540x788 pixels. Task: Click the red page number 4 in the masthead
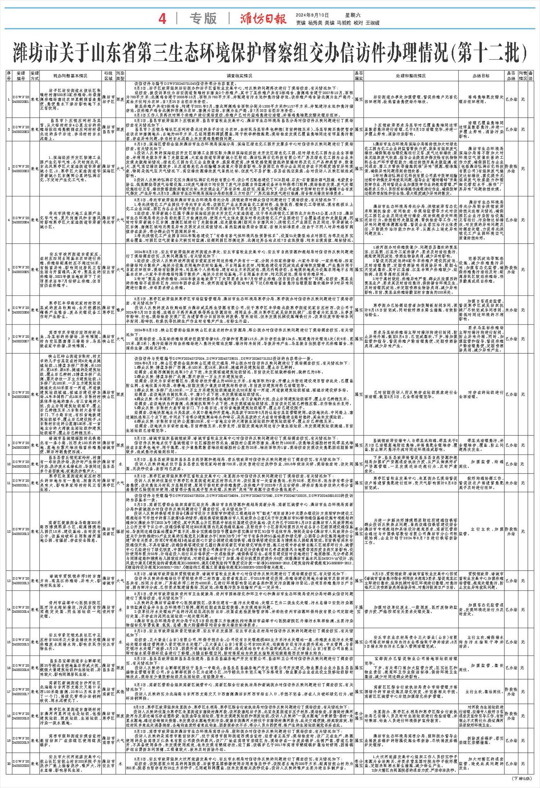(x=162, y=19)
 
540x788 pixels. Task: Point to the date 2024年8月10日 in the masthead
(x=312, y=15)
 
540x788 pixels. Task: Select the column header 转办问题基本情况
(x=71, y=76)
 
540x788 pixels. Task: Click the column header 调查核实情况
(x=239, y=76)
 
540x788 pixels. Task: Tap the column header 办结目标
(x=481, y=76)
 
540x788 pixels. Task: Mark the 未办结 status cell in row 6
(x=512, y=309)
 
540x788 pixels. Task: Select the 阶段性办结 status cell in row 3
(x=512, y=168)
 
